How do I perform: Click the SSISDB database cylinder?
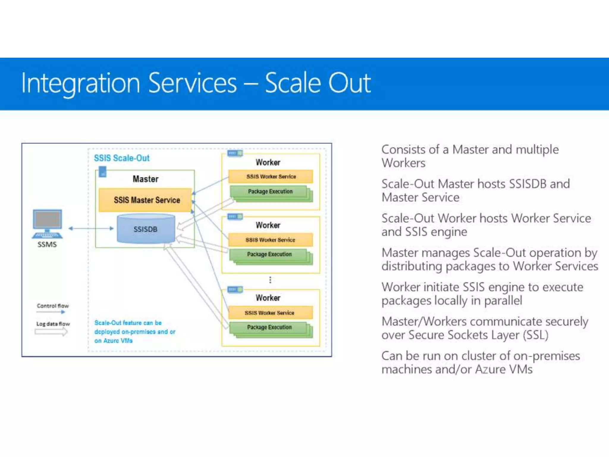click(x=146, y=229)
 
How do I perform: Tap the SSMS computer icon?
click(x=48, y=224)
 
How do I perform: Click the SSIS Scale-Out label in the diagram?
click(x=122, y=158)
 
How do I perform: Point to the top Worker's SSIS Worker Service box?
click(x=271, y=176)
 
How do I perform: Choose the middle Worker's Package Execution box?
click(x=269, y=254)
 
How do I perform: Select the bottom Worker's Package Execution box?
click(x=269, y=327)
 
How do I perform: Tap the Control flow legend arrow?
click(x=51, y=312)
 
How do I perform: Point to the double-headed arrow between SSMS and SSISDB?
click(x=91, y=228)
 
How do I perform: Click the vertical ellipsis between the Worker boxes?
click(x=270, y=280)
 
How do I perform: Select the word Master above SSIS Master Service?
click(x=145, y=179)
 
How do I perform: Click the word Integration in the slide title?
click(x=80, y=83)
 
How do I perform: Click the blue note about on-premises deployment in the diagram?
click(x=134, y=331)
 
